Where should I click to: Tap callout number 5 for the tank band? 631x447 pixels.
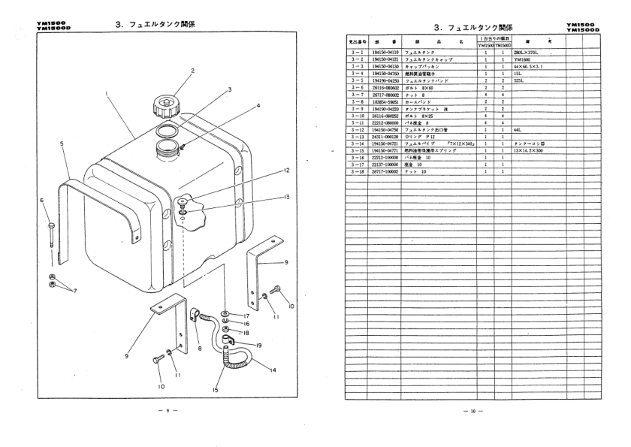click(62, 143)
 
